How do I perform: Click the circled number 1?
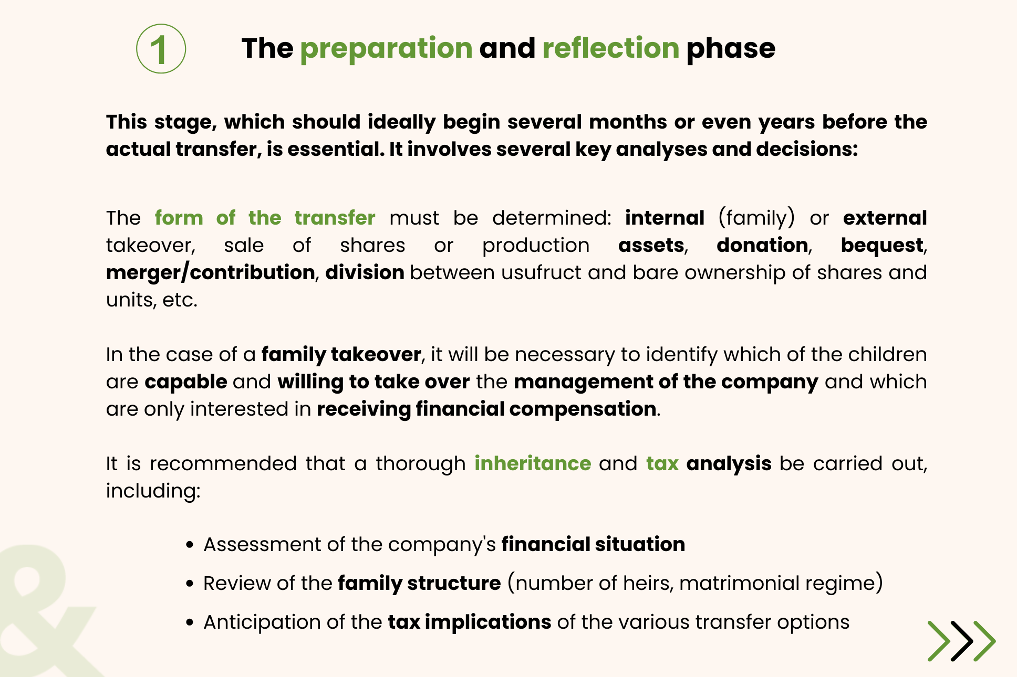(x=161, y=49)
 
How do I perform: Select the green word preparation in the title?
(x=386, y=49)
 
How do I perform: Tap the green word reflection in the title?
(x=611, y=48)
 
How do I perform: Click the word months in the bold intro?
(x=628, y=122)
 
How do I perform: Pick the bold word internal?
(x=665, y=218)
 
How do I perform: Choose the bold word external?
(x=885, y=218)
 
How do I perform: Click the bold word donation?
(x=762, y=245)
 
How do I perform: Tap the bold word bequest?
(x=882, y=246)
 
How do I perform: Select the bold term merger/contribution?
(x=210, y=273)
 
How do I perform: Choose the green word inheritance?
(x=533, y=463)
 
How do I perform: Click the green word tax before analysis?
(x=662, y=464)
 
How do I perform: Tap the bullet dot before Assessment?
(x=190, y=545)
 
